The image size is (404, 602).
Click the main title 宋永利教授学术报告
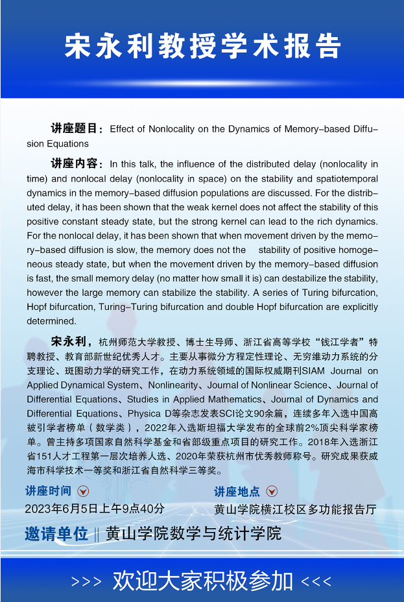tap(202, 46)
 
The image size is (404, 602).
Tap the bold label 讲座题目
tap(77, 128)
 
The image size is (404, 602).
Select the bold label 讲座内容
tap(77, 163)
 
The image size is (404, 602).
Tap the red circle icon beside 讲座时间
tap(83, 491)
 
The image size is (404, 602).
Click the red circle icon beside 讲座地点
tap(272, 491)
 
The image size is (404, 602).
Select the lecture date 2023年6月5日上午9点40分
tap(95, 509)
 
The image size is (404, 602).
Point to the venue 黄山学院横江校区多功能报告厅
tap(295, 510)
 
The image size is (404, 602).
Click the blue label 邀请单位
tap(56, 534)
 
